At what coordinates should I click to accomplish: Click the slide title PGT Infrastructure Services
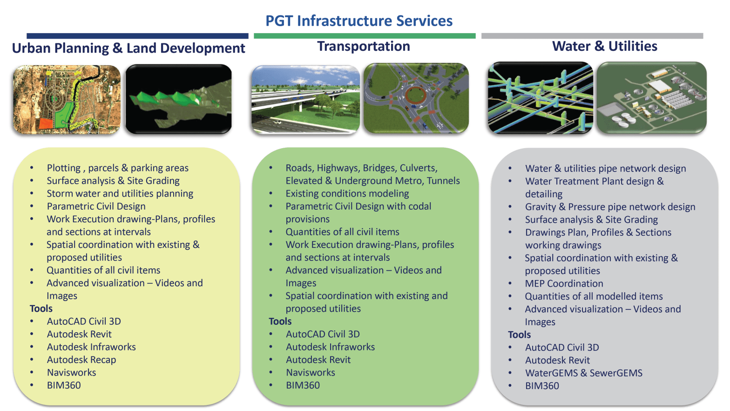(x=358, y=21)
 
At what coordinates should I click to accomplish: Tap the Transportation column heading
(x=363, y=47)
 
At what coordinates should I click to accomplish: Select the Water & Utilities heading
(x=604, y=46)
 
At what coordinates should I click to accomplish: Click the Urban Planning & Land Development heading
(x=128, y=48)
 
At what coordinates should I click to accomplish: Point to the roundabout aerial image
(x=416, y=98)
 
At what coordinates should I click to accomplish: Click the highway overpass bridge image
(x=305, y=99)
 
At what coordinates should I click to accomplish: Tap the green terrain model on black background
(x=178, y=99)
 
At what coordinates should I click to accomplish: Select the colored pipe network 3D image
(x=540, y=98)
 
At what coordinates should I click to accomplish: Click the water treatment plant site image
(x=651, y=98)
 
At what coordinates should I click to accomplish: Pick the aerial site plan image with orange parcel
(x=67, y=99)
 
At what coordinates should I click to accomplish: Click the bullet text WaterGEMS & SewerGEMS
(x=583, y=373)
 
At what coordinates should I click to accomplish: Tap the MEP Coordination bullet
(x=564, y=283)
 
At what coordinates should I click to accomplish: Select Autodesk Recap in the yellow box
(x=81, y=360)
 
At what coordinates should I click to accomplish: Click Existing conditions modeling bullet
(x=347, y=193)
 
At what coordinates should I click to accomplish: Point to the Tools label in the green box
(x=280, y=321)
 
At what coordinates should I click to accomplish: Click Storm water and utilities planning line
(x=120, y=193)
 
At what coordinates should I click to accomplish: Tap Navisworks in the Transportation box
(x=311, y=372)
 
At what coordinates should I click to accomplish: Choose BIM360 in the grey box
(x=542, y=386)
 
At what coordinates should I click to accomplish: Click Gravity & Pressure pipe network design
(x=610, y=207)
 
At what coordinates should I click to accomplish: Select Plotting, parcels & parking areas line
(x=117, y=168)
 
